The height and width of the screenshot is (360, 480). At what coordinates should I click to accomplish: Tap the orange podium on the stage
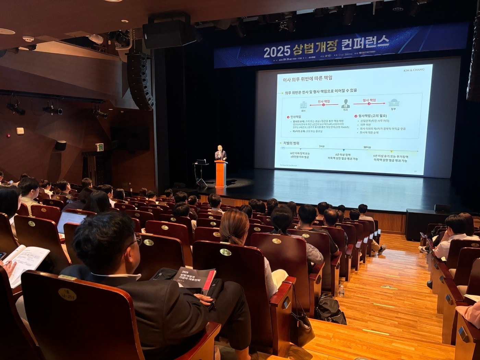pyautogui.click(x=220, y=173)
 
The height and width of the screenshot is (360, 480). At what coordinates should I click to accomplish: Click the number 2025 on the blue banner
pyautogui.click(x=277, y=51)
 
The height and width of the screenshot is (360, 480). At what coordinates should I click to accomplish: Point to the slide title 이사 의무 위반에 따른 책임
pyautogui.click(x=307, y=79)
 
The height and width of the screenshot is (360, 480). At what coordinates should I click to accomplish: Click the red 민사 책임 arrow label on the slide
pyautogui.click(x=324, y=102)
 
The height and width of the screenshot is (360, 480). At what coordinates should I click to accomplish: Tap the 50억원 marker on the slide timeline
pyautogui.click(x=367, y=147)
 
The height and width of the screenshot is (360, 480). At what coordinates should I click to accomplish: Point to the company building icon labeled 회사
pyautogui.click(x=303, y=105)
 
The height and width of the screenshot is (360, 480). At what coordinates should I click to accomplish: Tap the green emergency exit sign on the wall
pyautogui.click(x=99, y=147)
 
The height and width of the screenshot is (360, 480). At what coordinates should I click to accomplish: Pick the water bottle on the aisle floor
pyautogui.click(x=341, y=291)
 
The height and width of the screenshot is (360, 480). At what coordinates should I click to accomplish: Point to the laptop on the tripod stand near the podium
pyautogui.click(x=201, y=162)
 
